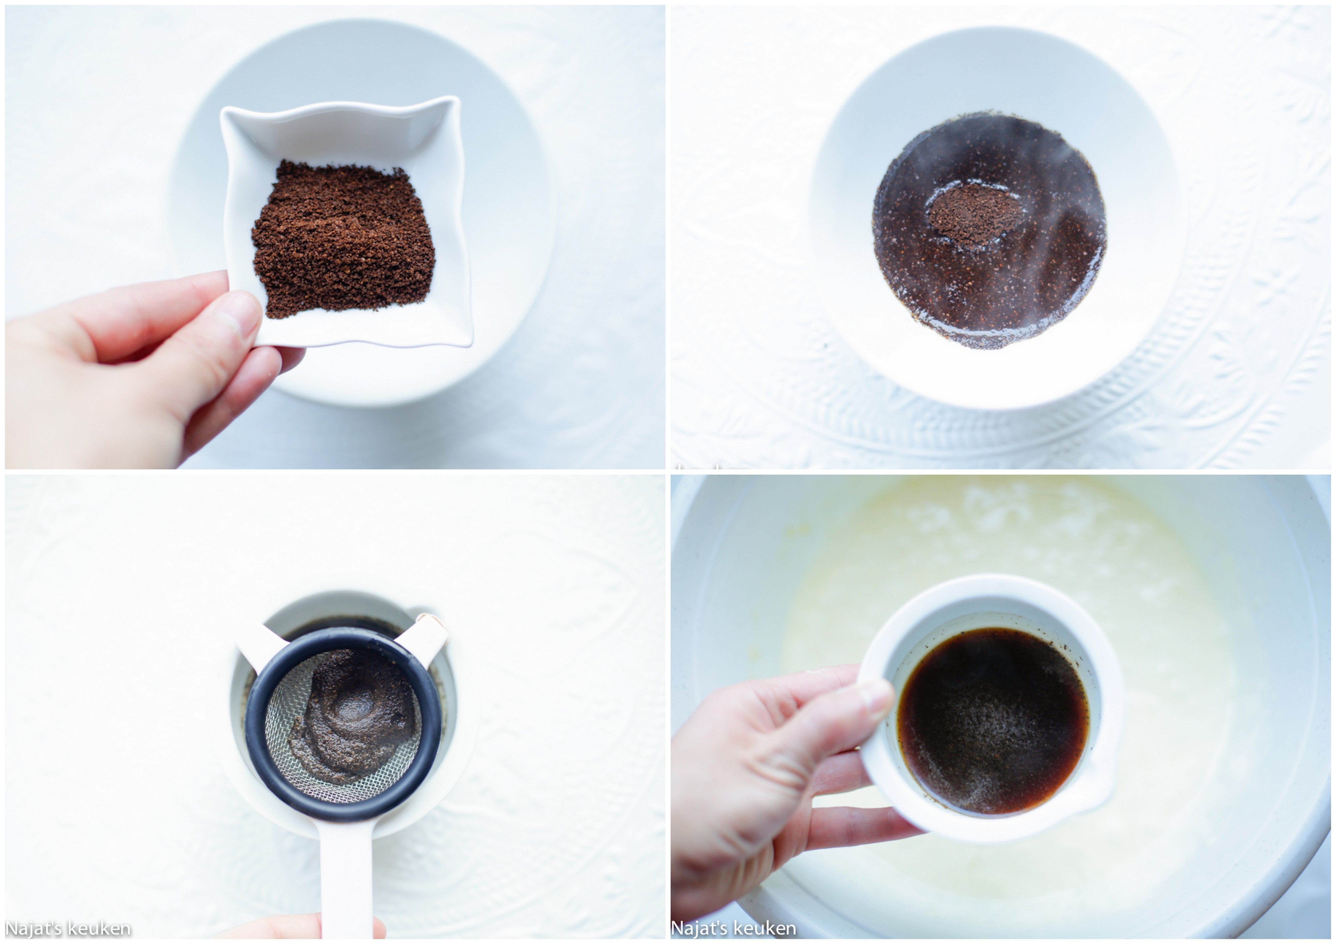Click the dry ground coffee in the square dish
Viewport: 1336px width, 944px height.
(343, 238)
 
